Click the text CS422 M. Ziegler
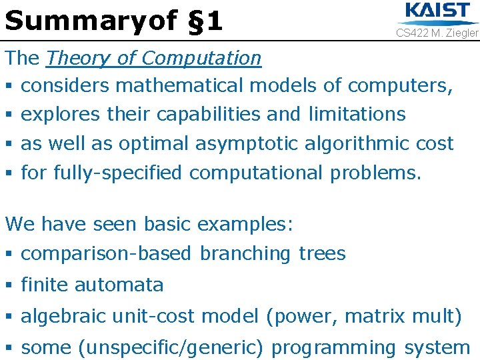coord(437,33)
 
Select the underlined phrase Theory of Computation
coord(153,58)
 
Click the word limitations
coord(357,114)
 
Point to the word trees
coord(322,253)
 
